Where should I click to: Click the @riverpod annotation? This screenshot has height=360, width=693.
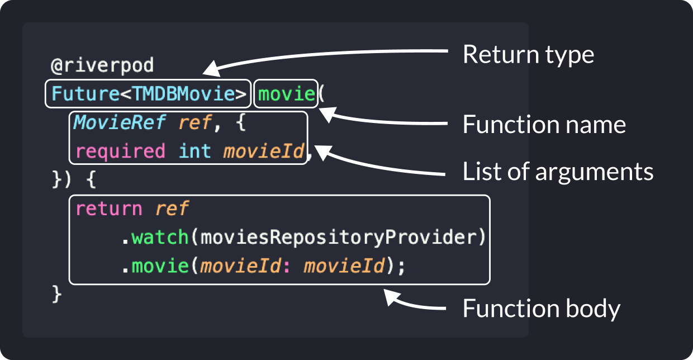(102, 65)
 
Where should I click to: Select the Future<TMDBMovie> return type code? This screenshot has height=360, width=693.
(149, 93)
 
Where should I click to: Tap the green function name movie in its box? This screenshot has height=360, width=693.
(287, 94)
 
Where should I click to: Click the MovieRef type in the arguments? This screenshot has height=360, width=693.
(120, 122)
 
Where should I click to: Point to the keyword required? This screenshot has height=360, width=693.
(120, 151)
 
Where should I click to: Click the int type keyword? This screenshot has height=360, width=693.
(195, 151)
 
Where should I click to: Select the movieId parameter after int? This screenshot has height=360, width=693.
(264, 151)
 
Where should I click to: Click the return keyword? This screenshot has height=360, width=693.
(108, 209)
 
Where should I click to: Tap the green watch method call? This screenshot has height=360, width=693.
(160, 238)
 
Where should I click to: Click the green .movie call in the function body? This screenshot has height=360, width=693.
(155, 266)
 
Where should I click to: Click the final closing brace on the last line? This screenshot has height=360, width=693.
(57, 294)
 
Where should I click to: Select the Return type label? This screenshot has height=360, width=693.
(529, 55)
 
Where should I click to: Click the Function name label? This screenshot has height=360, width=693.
(544, 125)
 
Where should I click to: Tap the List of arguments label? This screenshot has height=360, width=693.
(558, 172)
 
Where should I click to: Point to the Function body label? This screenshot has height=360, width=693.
(542, 309)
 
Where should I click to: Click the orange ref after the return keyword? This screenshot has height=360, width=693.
(172, 208)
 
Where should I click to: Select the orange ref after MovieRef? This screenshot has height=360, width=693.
(195, 122)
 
